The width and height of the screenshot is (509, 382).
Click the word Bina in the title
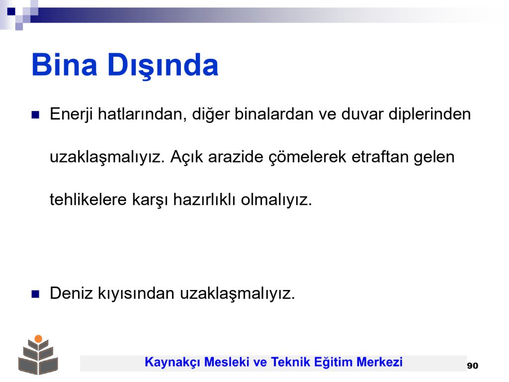[x=65, y=65]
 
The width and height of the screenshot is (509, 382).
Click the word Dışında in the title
[x=163, y=66]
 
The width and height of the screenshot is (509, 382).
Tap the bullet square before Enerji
[x=35, y=115]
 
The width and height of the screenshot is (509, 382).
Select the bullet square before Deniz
[x=35, y=294]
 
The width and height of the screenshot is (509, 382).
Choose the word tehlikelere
[x=88, y=199]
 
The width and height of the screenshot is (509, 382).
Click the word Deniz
[x=71, y=293]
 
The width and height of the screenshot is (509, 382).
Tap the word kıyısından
[x=136, y=293]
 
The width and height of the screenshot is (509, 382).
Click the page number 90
[x=473, y=366]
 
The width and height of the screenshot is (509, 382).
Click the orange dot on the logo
[x=38, y=339]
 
